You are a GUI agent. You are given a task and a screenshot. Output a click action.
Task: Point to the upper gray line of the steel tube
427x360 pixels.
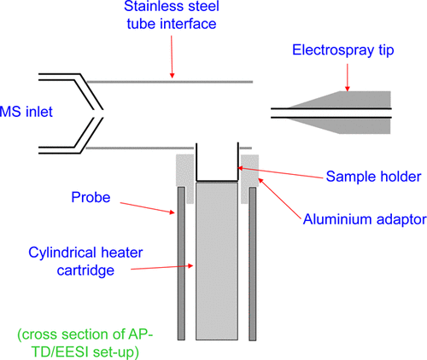click(171, 82)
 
